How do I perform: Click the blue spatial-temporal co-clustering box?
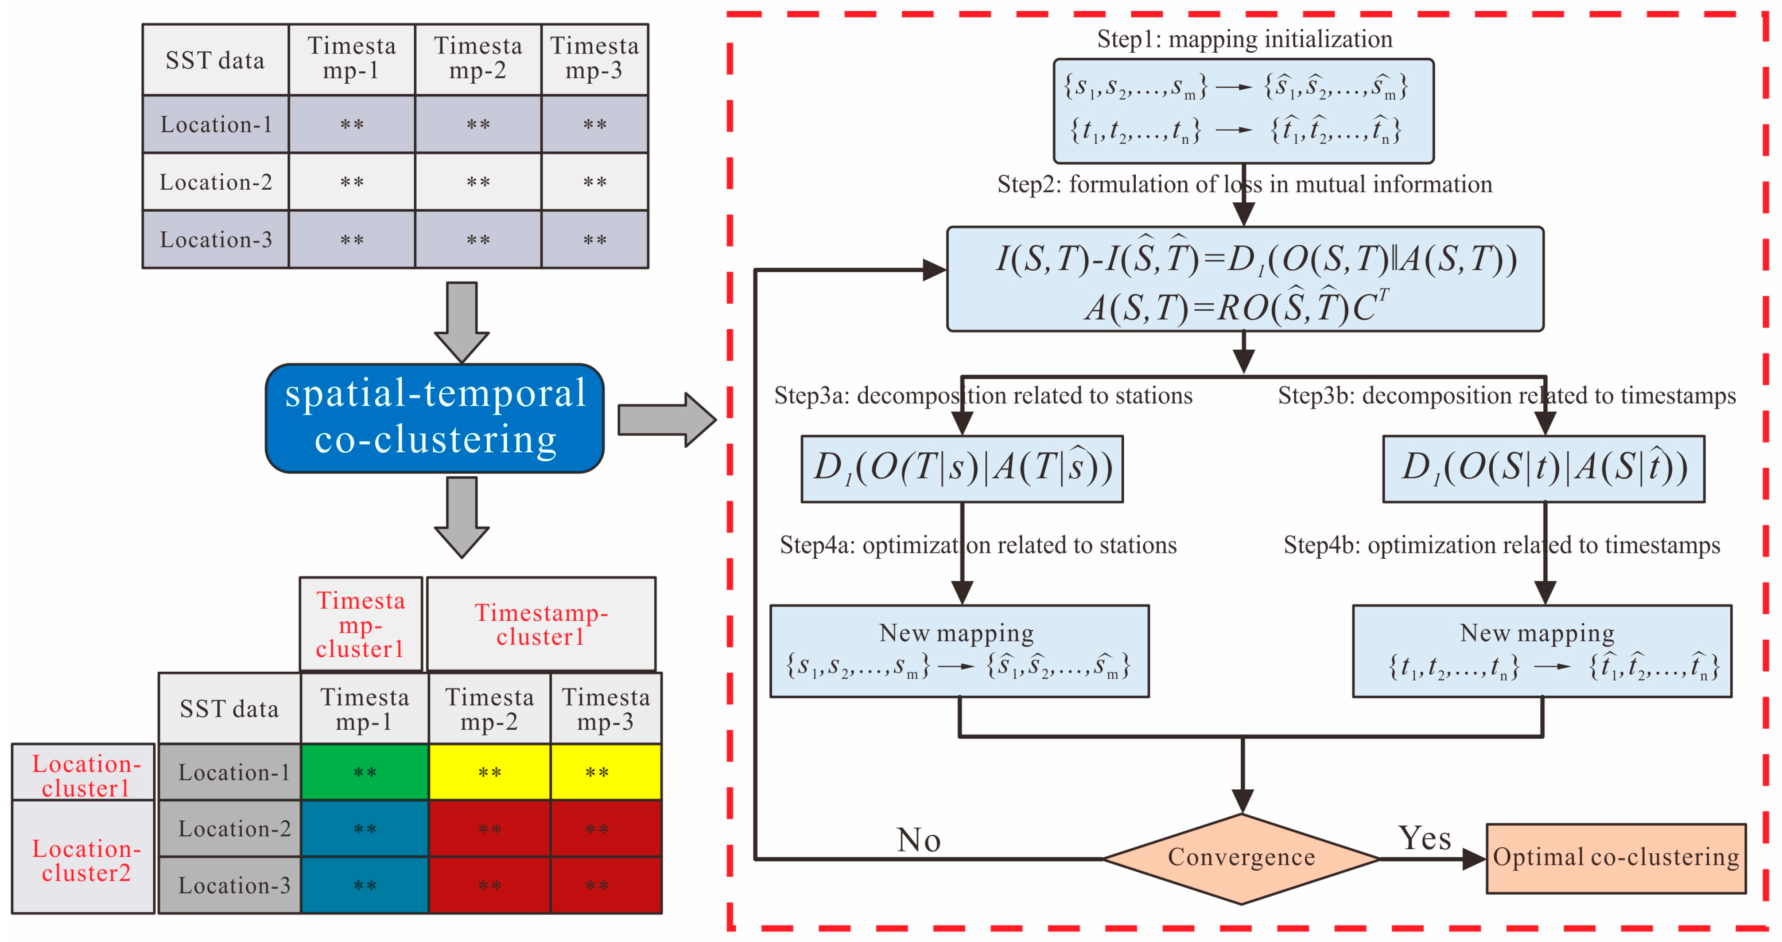point(435,418)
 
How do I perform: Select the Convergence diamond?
point(1242,858)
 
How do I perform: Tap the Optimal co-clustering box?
point(1616,858)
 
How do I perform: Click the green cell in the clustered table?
point(365,773)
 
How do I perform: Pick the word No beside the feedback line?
point(919,840)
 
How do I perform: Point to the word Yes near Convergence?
point(1424,838)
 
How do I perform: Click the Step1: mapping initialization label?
point(1244,39)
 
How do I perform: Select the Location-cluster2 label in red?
point(86,860)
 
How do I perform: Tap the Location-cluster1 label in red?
point(86,776)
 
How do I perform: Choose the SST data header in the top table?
point(215,61)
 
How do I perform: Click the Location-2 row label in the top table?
point(215,182)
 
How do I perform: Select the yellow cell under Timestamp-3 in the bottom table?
point(605,773)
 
